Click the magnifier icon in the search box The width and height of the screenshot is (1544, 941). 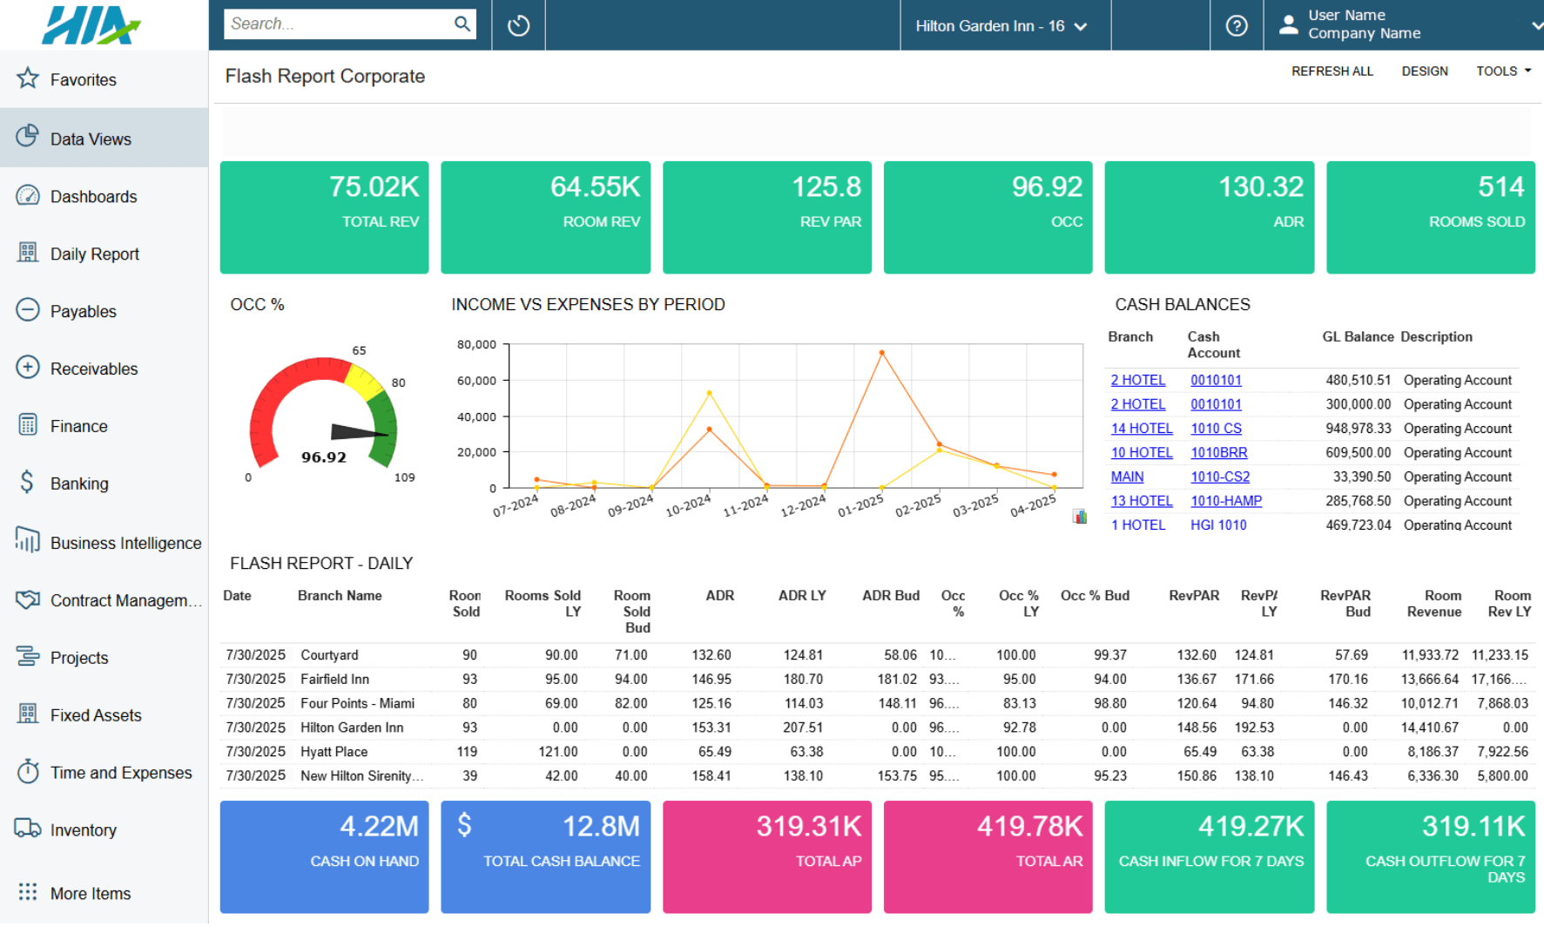[x=462, y=24]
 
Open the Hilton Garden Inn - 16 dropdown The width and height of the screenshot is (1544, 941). [x=1001, y=26]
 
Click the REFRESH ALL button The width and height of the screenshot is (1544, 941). [x=1332, y=71]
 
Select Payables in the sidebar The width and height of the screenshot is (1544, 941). [x=83, y=311]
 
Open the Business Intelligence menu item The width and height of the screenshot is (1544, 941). [x=125, y=543]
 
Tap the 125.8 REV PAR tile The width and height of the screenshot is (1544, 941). [x=766, y=217]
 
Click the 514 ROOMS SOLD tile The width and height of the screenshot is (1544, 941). [x=1430, y=217]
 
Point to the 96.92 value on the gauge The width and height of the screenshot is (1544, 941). [x=324, y=457]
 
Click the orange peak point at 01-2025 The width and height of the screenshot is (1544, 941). [x=881, y=353]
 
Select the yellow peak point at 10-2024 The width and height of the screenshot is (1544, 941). [x=709, y=393]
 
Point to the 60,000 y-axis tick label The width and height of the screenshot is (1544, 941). [x=476, y=381]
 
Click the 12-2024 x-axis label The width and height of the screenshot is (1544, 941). [x=803, y=506]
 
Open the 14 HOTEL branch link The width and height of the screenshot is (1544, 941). [x=1141, y=429]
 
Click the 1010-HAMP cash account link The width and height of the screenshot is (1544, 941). [x=1225, y=501]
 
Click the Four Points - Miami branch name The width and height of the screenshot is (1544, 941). [x=357, y=703]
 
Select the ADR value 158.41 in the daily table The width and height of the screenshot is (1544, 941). [x=711, y=775]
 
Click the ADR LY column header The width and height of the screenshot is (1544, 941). [x=801, y=596]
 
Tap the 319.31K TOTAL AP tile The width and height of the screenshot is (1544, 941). [x=766, y=856]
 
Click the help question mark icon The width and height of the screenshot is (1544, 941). [x=1236, y=26]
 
